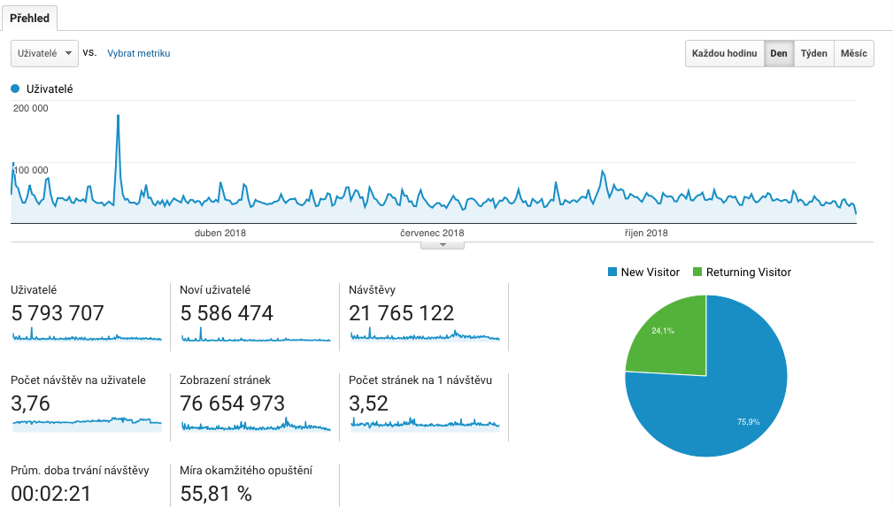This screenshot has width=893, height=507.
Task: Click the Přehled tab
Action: pyautogui.click(x=29, y=19)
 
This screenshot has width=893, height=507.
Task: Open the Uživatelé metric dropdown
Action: pyautogui.click(x=44, y=53)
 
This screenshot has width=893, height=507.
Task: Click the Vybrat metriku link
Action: pyautogui.click(x=138, y=53)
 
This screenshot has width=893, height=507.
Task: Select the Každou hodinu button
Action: pyautogui.click(x=725, y=53)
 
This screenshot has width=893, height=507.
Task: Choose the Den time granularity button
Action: pyautogui.click(x=779, y=53)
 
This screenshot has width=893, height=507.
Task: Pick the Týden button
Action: pyautogui.click(x=813, y=53)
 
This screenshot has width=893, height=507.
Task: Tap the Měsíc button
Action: pyautogui.click(x=853, y=53)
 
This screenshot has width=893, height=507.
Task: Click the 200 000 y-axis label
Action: pyautogui.click(x=31, y=108)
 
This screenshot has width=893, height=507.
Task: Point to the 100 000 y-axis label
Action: pyautogui.click(x=31, y=170)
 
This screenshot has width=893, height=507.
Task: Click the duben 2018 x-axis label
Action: pyautogui.click(x=220, y=234)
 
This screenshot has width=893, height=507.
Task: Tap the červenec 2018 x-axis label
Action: pyautogui.click(x=432, y=234)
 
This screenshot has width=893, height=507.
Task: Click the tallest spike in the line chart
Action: pyautogui.click(x=118, y=116)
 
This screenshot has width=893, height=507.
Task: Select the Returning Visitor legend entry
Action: pyautogui.click(x=748, y=273)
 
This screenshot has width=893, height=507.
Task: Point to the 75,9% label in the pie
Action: pyautogui.click(x=749, y=422)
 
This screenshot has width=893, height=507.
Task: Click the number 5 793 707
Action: pyautogui.click(x=58, y=313)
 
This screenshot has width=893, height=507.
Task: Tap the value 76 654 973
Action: pyautogui.click(x=232, y=404)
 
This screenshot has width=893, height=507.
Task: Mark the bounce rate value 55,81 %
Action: pyautogui.click(x=216, y=494)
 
